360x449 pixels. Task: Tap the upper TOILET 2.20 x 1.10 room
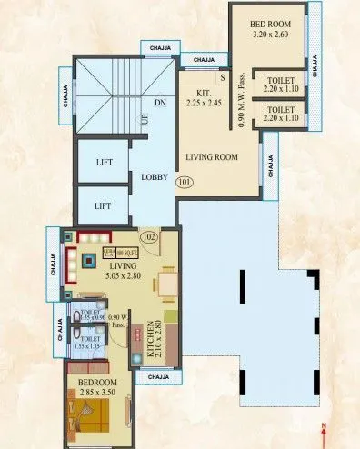(x=280, y=85)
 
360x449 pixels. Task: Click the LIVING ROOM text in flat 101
(x=211, y=157)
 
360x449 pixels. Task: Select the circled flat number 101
(x=185, y=182)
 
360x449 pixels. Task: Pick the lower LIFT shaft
(x=103, y=205)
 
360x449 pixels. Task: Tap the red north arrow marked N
(x=325, y=434)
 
